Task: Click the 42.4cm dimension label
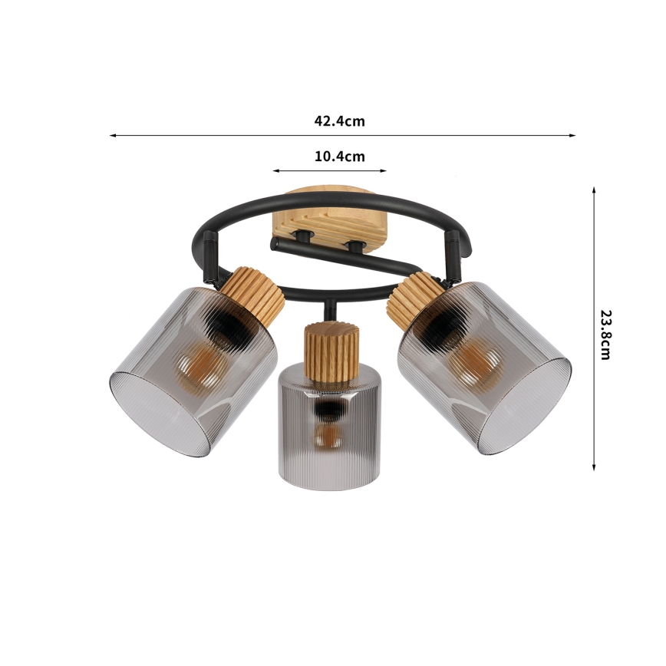339,120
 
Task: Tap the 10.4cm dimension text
339,157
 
